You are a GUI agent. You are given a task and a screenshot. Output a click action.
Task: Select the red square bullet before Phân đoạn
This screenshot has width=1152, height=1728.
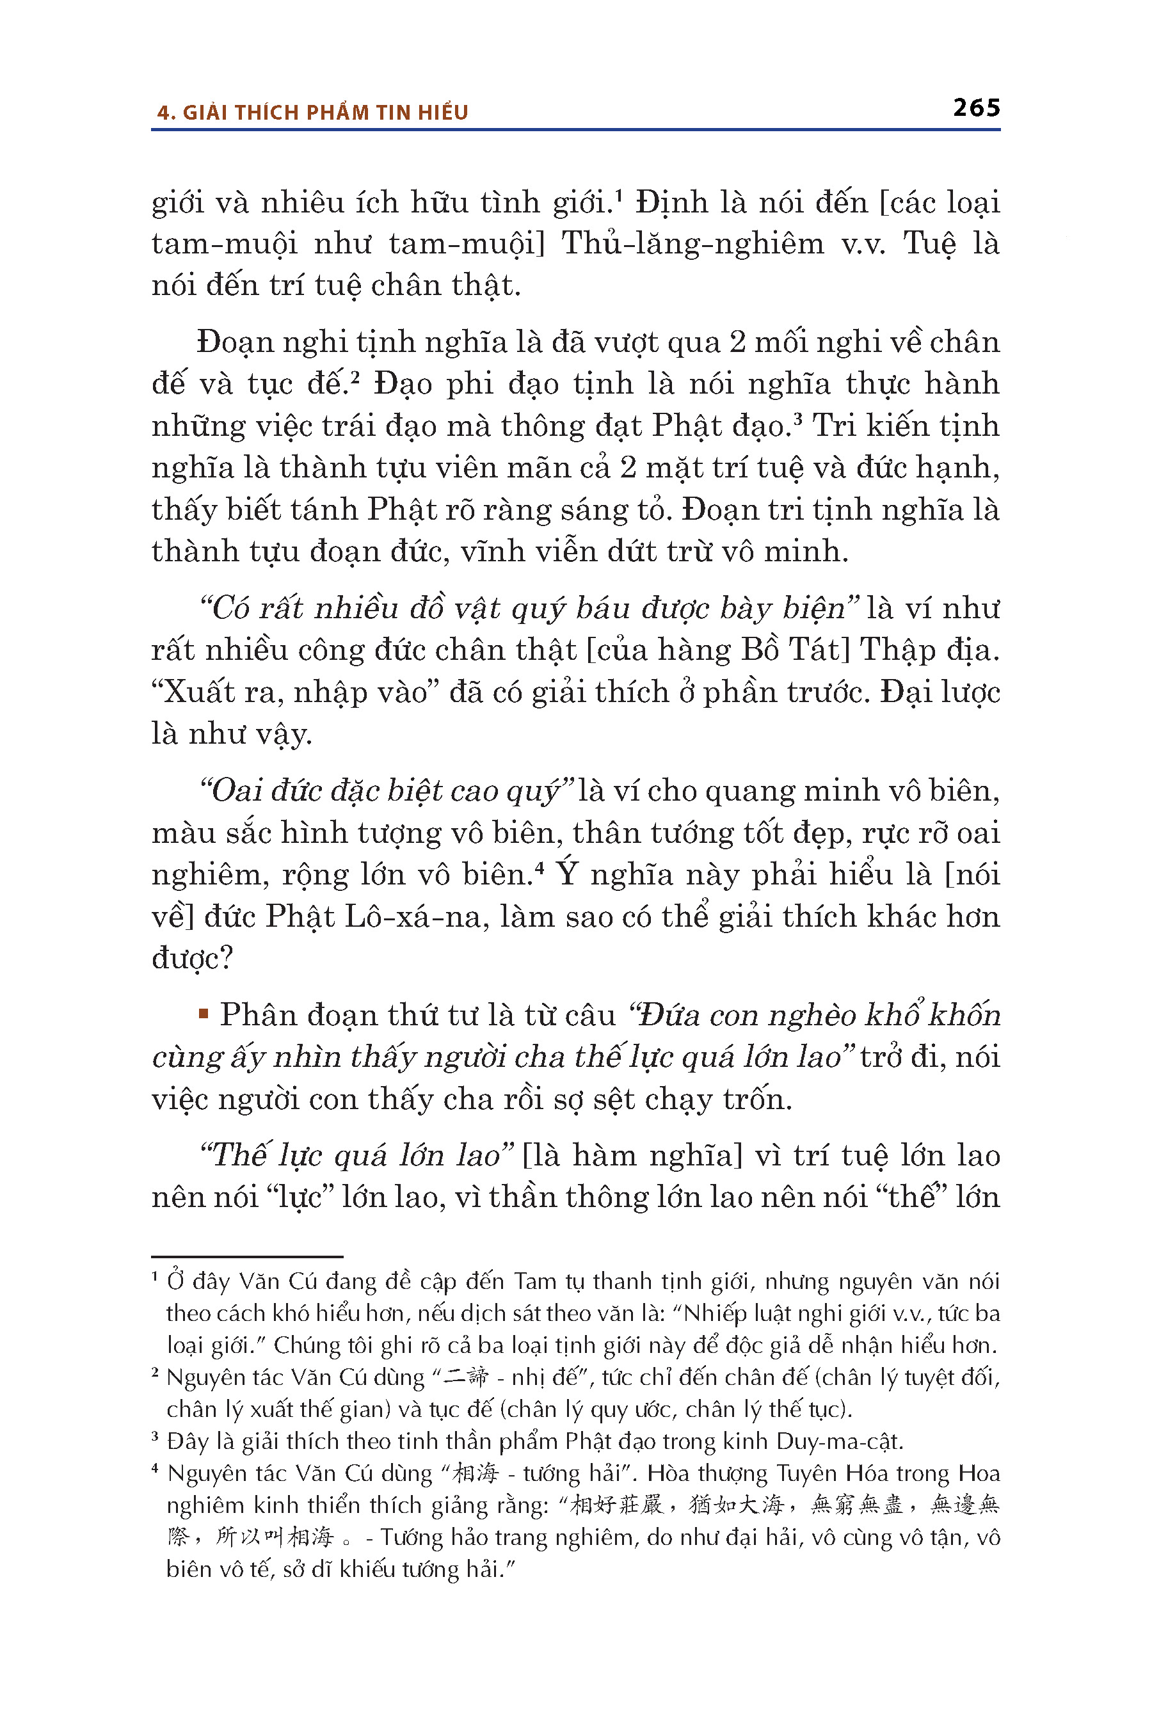click(x=204, y=1014)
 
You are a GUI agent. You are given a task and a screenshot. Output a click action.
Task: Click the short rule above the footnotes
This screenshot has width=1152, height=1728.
click(x=247, y=1257)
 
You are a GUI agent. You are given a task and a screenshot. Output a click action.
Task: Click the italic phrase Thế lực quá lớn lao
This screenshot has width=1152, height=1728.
click(x=358, y=1155)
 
